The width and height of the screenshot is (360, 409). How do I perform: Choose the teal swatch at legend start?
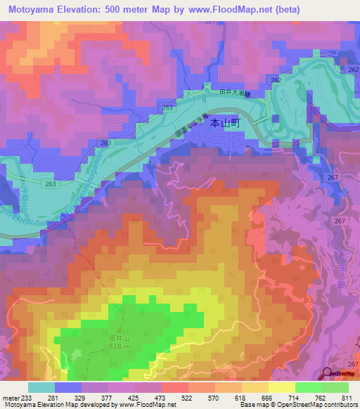click(x=41, y=387)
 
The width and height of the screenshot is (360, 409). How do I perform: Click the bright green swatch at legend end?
click(x=335, y=387)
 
